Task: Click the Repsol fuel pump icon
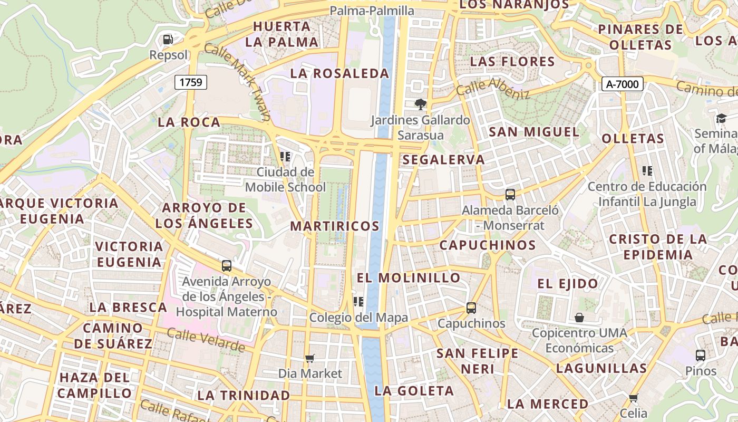(168, 40)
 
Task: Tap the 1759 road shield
(191, 82)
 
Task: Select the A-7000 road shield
(622, 83)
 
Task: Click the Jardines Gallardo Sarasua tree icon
(420, 104)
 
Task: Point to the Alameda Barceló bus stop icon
(510, 194)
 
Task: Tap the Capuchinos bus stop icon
(471, 308)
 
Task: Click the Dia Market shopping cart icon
(310, 358)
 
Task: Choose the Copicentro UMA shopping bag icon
(579, 317)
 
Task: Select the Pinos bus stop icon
(700, 355)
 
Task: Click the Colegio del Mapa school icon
(358, 302)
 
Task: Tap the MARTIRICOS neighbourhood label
(335, 226)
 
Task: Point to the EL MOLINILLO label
(409, 277)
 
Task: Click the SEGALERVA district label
(443, 160)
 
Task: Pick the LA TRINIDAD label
(244, 395)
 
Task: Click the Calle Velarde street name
(206, 340)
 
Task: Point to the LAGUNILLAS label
(601, 368)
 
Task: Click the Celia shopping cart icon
(633, 397)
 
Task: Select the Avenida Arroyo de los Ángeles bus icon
(227, 266)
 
